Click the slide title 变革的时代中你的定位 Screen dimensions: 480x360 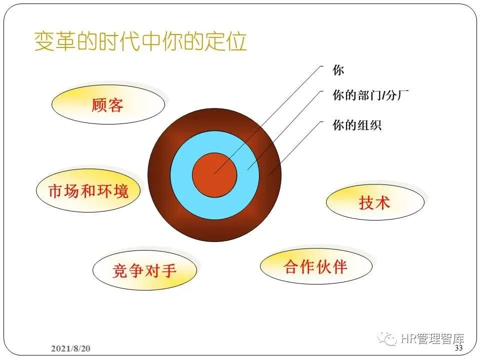pos(140,41)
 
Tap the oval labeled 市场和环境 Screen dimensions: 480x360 pos(88,190)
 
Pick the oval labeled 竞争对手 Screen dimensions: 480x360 pos(144,271)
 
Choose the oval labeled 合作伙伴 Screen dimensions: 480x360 pos(315,266)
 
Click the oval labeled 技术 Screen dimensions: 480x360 pos(374,202)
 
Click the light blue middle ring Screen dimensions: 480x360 pos(182,175)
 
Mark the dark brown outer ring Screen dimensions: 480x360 pos(159,175)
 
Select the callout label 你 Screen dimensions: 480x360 pos(338,70)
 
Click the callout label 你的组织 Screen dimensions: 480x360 pos(357,125)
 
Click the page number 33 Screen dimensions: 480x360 pos(458,347)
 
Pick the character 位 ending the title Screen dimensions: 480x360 pos(237,41)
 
